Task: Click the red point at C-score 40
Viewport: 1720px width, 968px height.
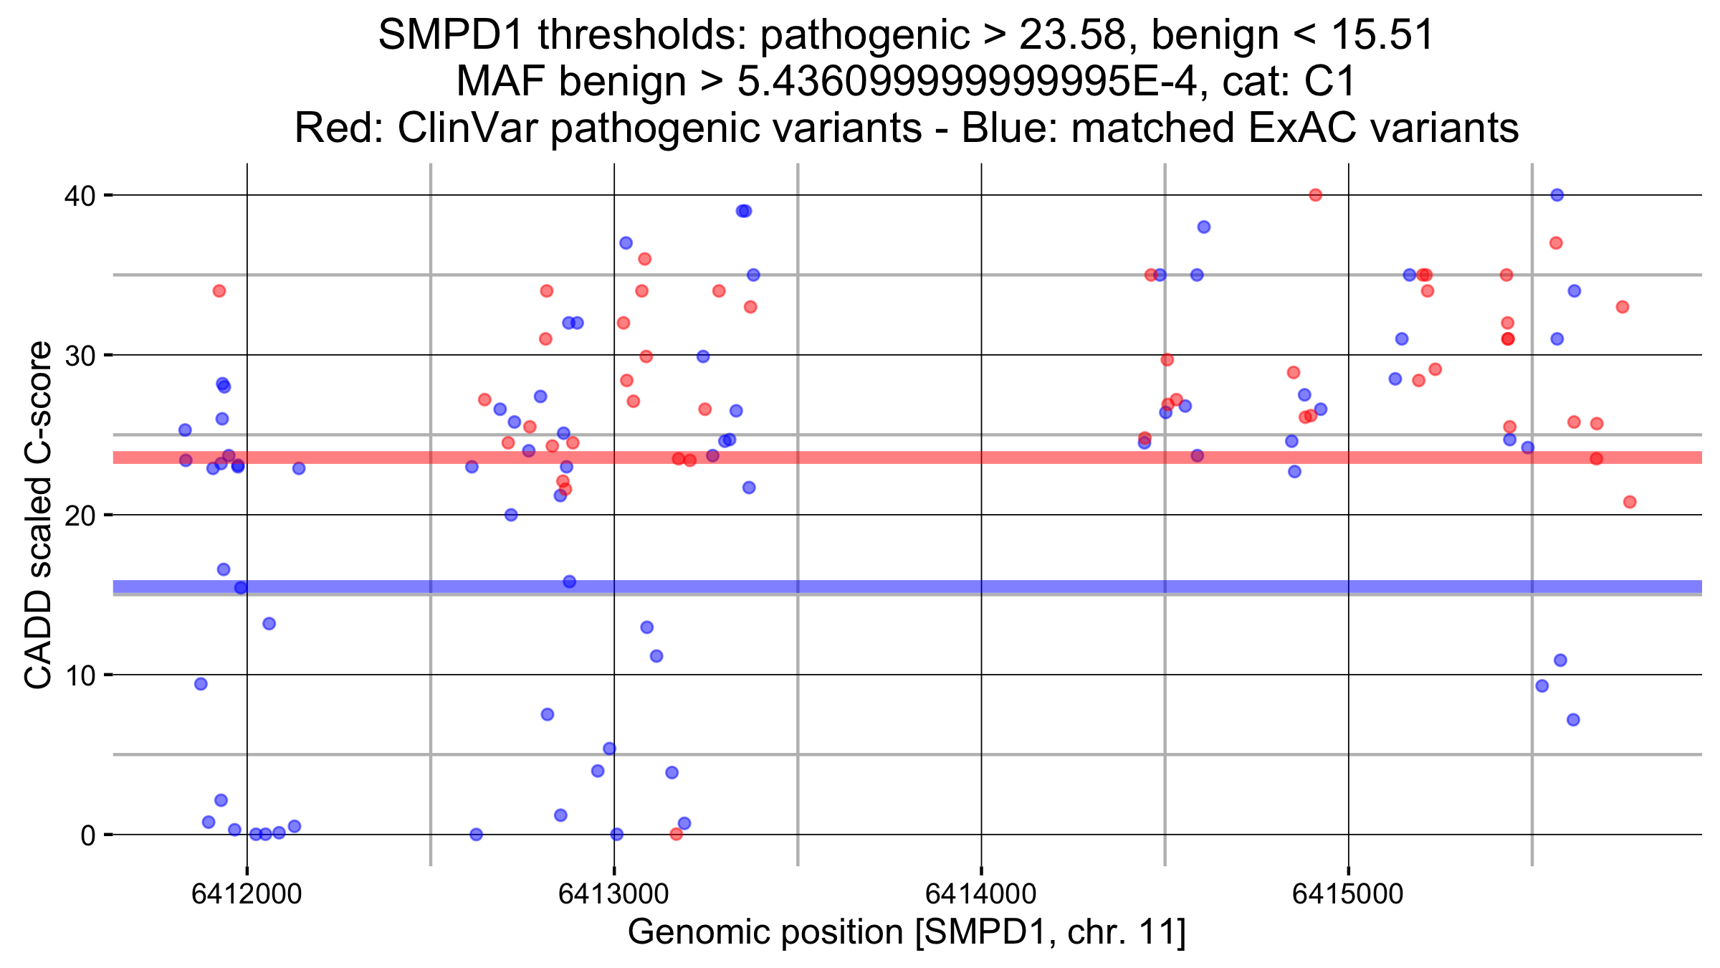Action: point(1315,195)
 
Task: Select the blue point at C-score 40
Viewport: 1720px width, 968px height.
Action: point(1557,195)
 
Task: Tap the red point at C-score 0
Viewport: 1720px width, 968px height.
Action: point(676,834)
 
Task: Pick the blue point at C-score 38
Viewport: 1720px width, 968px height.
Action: point(1204,227)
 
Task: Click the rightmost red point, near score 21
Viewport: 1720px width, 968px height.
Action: point(1630,502)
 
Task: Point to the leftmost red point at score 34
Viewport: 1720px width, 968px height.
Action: point(219,291)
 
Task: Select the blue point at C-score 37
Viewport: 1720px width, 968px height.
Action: point(626,243)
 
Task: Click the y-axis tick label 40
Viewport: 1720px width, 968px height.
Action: point(80,196)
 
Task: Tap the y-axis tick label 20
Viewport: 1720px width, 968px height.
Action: point(80,516)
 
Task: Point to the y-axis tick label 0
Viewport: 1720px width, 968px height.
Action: point(88,835)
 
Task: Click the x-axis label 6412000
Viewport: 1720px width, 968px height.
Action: point(247,894)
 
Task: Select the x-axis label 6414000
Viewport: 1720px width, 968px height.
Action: point(980,894)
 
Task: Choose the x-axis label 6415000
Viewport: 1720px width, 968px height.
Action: point(1347,894)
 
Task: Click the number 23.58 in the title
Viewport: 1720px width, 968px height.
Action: point(1072,34)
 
